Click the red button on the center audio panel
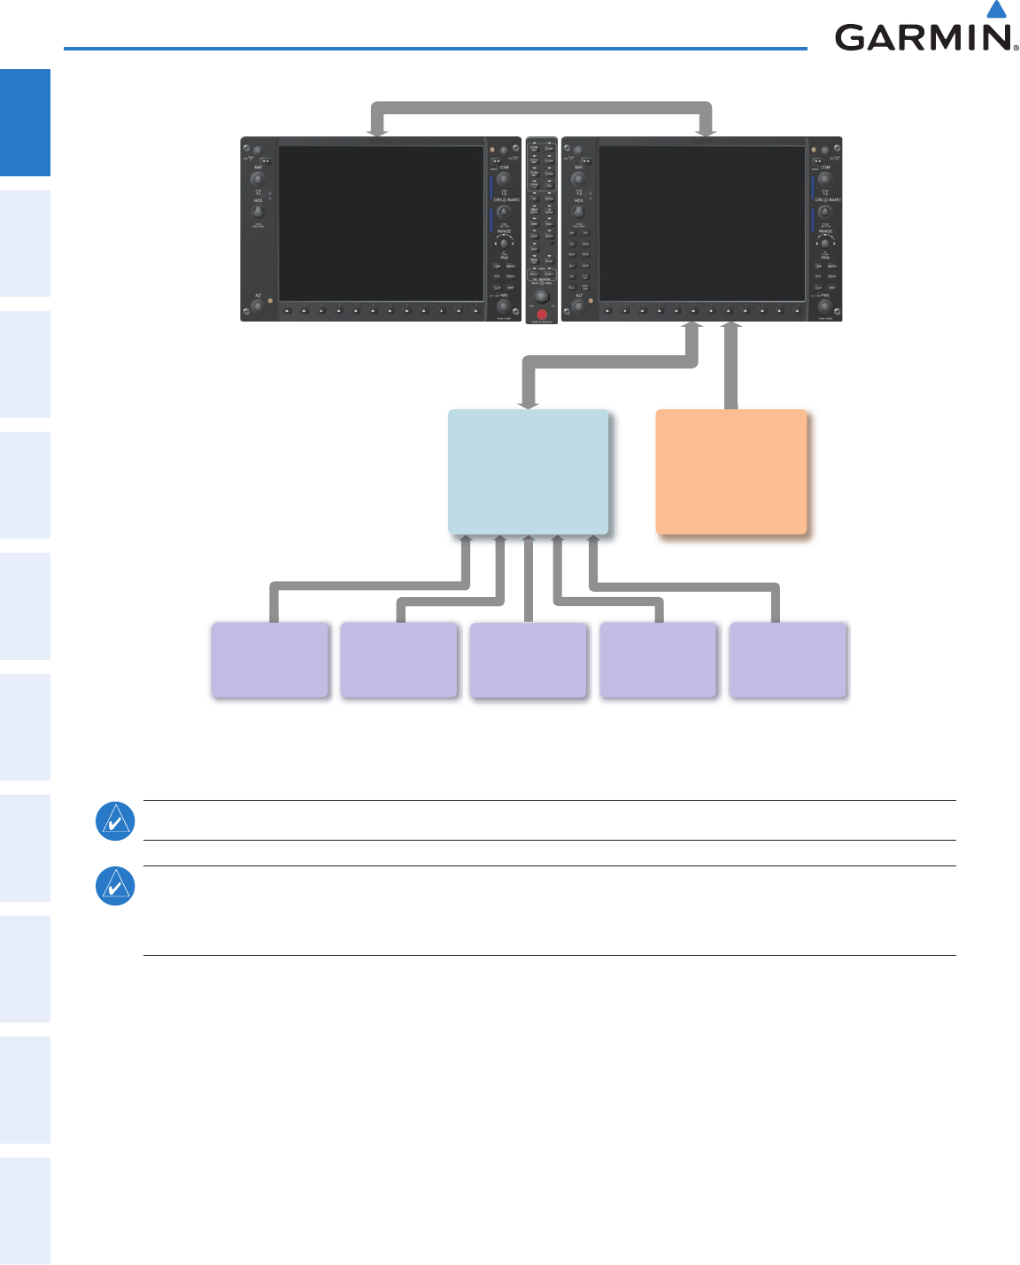[542, 314]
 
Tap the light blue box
[529, 471]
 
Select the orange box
[731, 471]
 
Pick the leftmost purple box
[270, 660]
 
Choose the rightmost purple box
[788, 660]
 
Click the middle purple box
[529, 661]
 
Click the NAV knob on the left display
[258, 179]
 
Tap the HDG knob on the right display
[578, 213]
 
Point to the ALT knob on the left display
[258, 307]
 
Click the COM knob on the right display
[824, 179]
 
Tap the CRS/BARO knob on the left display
[504, 213]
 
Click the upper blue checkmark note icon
[115, 820]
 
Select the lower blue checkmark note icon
[115, 886]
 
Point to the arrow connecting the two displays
[542, 107]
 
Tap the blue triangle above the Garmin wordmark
[997, 10]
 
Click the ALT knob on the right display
[578, 307]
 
